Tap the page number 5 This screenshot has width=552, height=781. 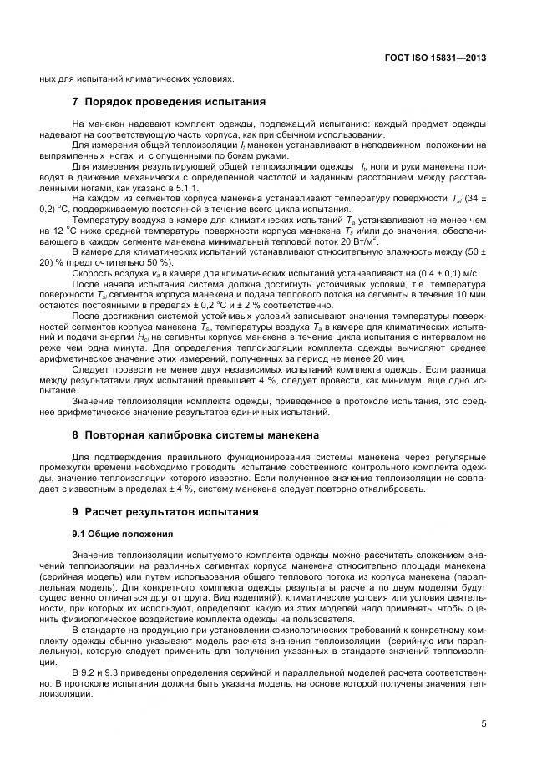click(484, 724)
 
